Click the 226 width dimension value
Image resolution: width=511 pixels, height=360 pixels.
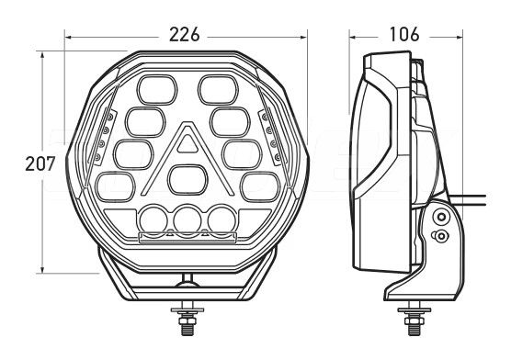pyautogui.click(x=184, y=35)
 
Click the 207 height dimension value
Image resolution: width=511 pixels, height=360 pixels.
pyautogui.click(x=40, y=163)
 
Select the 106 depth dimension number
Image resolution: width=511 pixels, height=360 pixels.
pyautogui.click(x=404, y=34)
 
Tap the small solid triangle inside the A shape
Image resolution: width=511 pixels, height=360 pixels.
pyautogui.click(x=187, y=143)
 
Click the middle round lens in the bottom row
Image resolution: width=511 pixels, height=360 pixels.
pyautogui.click(x=187, y=219)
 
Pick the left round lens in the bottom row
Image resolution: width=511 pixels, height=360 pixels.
pyautogui.click(x=153, y=219)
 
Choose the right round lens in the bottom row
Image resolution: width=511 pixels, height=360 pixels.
pyautogui.click(x=221, y=219)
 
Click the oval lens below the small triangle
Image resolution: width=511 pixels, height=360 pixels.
pyautogui.click(x=188, y=180)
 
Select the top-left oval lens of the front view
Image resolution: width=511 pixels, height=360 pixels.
pyautogui.click(x=157, y=90)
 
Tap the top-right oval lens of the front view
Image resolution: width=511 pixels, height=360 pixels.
pyautogui.click(x=218, y=90)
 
